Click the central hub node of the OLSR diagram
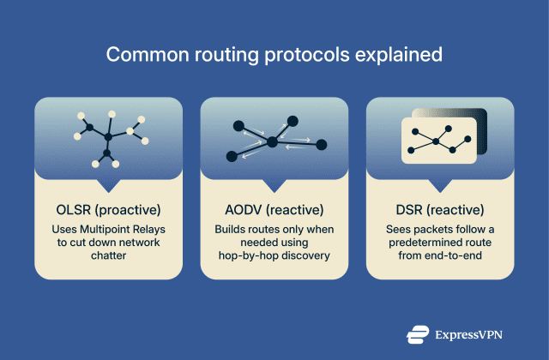pyautogui.click(x=108, y=135)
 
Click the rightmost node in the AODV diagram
pyautogui.click(x=322, y=144)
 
